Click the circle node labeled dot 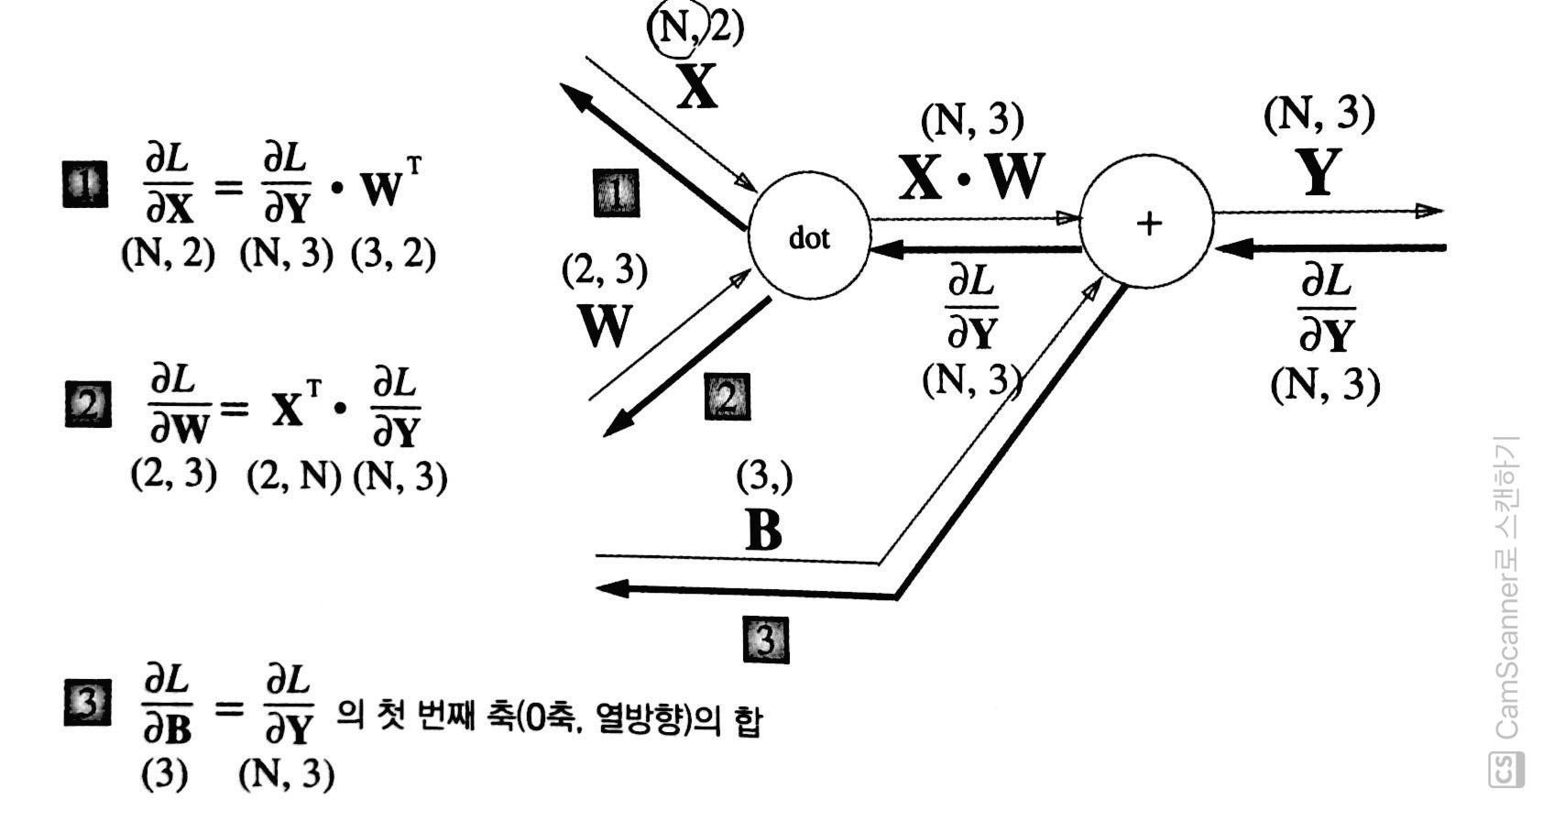809,238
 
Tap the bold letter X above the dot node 697,89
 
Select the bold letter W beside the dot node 606,325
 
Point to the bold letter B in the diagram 763,529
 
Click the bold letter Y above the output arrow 1320,171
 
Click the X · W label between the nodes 971,177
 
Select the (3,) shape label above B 764,476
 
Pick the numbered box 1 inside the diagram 617,192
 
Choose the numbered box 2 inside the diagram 727,397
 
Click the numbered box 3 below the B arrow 766,639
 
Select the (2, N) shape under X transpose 293,476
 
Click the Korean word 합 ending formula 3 747,722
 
